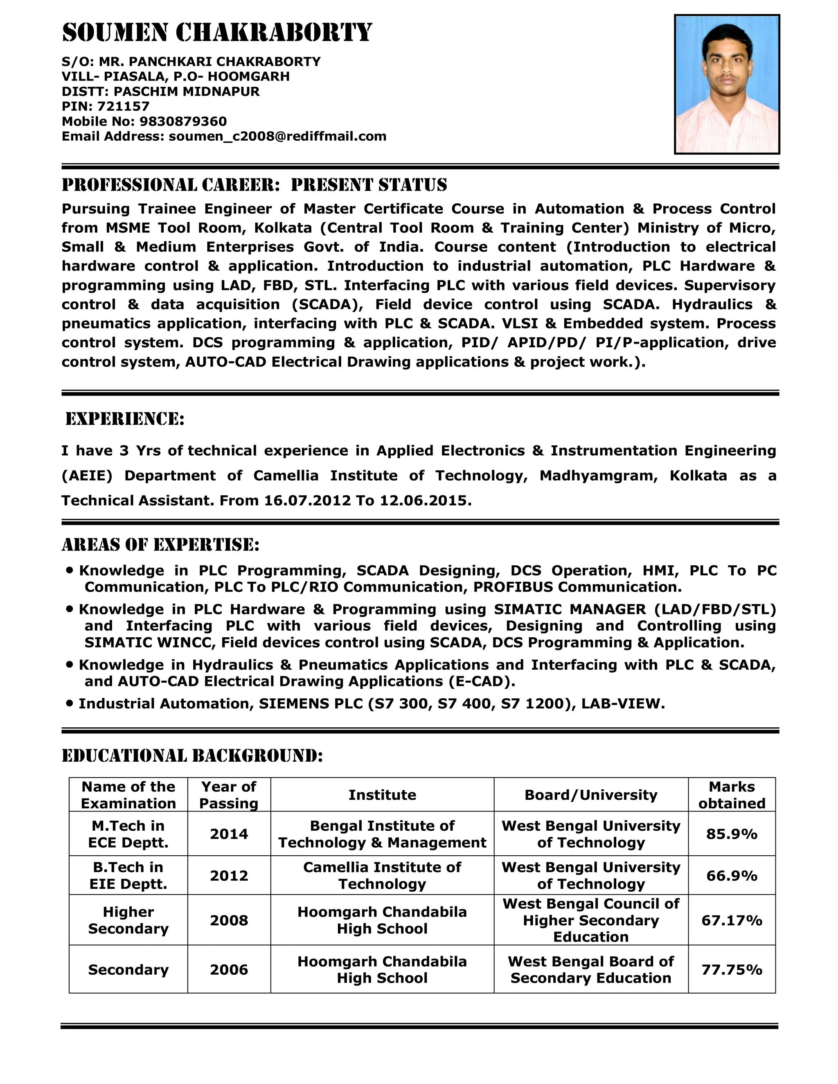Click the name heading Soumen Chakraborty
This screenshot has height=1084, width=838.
[x=217, y=33]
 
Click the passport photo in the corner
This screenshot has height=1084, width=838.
[x=727, y=84]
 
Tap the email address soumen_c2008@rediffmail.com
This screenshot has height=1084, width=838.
[x=277, y=137]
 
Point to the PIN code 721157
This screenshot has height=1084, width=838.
[x=123, y=107]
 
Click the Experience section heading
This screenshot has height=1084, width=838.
[x=125, y=419]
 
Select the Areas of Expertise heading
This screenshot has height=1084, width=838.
[x=160, y=545]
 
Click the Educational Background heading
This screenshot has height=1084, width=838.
[x=192, y=756]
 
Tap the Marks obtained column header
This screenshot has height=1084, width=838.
[x=731, y=795]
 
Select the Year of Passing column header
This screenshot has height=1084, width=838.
[x=228, y=795]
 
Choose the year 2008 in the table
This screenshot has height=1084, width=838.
[x=228, y=920]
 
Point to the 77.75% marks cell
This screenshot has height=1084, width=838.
[x=731, y=969]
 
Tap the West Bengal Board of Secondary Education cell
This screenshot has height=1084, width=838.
[x=590, y=969]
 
